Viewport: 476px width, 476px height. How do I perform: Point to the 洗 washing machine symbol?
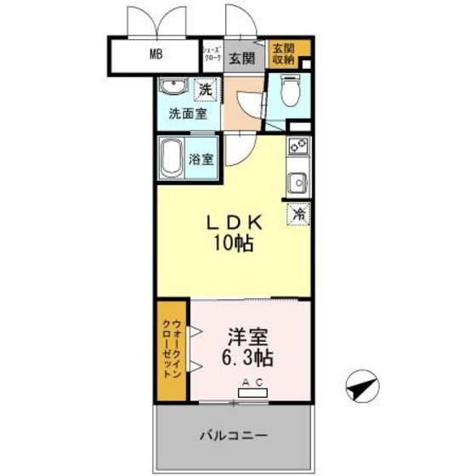(x=205, y=88)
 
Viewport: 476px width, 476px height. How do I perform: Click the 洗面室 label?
(x=187, y=113)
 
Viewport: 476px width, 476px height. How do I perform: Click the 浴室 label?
(x=201, y=158)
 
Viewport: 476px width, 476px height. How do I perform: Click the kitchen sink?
(x=297, y=182)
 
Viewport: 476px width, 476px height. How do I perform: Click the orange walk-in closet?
(x=172, y=350)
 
